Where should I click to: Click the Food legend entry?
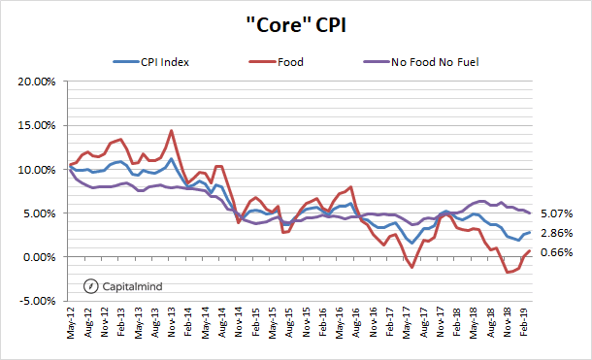click(289, 62)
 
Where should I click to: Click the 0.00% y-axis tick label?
click(38, 257)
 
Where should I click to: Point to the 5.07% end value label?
click(558, 213)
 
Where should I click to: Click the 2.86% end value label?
click(558, 233)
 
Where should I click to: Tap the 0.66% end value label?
click(558, 253)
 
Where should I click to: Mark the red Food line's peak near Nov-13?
click(171, 130)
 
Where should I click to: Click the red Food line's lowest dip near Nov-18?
click(508, 273)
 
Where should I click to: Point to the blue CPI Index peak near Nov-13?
click(171, 158)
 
